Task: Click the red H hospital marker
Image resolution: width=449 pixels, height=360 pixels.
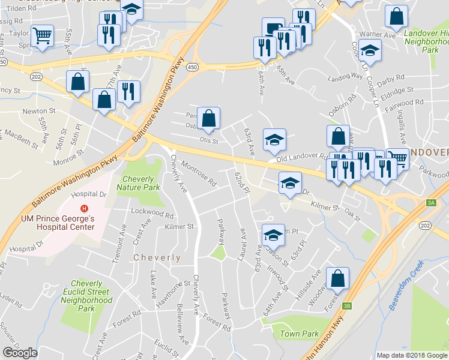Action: point(85,208)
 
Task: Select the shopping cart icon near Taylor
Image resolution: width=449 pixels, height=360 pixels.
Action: point(42,37)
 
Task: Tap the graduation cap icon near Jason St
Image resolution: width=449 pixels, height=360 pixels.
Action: point(273,235)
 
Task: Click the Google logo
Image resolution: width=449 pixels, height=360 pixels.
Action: point(20,352)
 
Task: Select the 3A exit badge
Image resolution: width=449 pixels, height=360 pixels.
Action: point(431,203)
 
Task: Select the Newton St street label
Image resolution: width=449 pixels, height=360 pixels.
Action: point(38,111)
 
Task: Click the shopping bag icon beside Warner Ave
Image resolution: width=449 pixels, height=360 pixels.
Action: point(397,18)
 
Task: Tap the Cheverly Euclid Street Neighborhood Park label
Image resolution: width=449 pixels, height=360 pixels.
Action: point(87,296)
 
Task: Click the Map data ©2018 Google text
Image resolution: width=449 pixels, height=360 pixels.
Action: point(411,355)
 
